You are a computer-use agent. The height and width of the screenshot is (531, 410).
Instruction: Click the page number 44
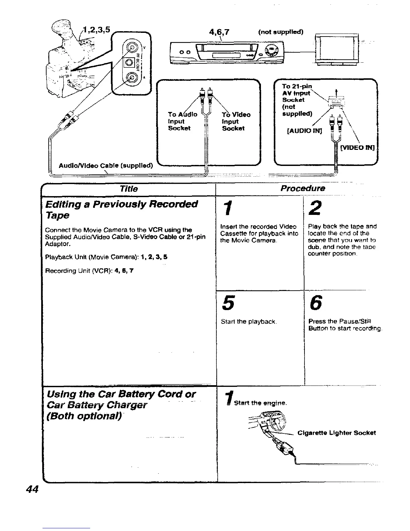point(33,489)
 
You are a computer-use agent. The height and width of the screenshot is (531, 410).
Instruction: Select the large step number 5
point(228,303)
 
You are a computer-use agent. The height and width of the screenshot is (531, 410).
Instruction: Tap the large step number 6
point(316,303)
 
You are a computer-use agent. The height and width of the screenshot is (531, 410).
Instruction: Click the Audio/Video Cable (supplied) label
point(106,165)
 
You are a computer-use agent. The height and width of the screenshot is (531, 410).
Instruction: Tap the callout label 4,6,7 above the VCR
point(221,32)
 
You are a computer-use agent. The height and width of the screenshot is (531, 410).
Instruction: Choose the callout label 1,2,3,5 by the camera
point(96,28)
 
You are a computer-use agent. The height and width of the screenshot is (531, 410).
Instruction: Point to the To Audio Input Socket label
point(182,121)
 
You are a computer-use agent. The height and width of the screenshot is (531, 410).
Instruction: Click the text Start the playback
point(249,322)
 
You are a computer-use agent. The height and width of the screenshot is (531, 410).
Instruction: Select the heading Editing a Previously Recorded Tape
point(122,209)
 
